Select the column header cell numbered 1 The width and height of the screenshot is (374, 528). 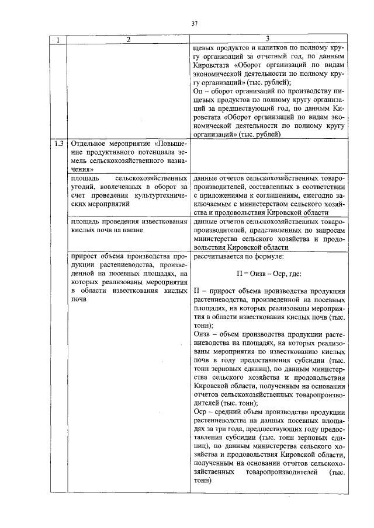coord(58,40)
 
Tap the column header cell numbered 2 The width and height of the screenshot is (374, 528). coord(128,40)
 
